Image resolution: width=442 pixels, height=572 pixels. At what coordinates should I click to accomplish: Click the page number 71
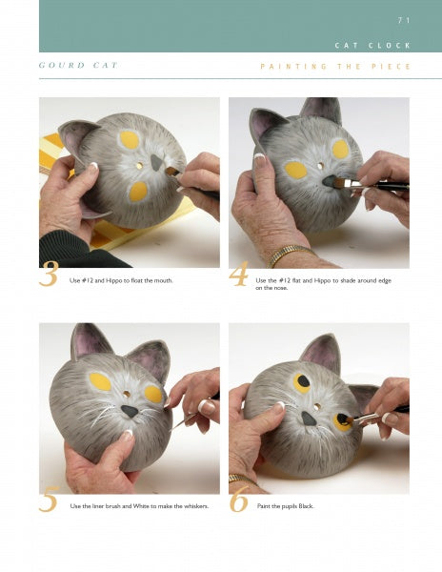point(404,20)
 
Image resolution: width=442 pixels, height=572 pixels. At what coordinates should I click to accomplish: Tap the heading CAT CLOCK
point(372,46)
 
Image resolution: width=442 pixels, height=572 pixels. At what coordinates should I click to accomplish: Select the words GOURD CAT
point(78,65)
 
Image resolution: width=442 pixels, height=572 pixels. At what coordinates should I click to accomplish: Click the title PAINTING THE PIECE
point(335,67)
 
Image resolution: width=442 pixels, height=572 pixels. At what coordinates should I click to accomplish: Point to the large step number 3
point(49,274)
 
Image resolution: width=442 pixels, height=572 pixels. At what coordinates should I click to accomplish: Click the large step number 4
point(239,274)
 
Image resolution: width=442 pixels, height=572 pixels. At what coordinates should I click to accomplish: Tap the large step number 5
point(49,499)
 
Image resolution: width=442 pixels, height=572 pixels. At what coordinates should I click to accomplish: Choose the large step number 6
point(239,499)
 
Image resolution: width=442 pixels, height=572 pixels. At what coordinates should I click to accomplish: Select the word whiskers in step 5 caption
point(197,506)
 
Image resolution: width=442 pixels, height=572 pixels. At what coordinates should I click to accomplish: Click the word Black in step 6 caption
point(306,506)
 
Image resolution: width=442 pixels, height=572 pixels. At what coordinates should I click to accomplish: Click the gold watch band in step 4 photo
point(290,255)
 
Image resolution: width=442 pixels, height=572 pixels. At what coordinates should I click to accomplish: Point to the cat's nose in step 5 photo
point(130,411)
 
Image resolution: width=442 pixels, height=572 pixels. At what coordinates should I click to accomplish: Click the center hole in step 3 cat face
point(139,166)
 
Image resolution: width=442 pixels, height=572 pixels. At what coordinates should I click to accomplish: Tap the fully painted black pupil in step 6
point(304,382)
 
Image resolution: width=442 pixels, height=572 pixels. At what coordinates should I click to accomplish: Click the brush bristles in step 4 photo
point(340,183)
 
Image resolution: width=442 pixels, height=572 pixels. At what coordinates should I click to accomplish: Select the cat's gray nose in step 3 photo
point(156,162)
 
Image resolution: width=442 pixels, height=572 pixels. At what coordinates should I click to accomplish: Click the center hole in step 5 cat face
point(127,394)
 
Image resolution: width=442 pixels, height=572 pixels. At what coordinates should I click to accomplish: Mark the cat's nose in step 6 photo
point(309,419)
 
